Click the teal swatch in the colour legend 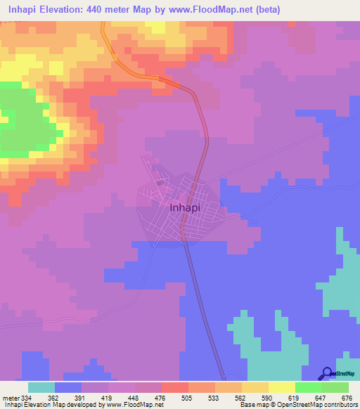pos(41,387)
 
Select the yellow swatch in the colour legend pos(281,387)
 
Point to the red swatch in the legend pos(174,387)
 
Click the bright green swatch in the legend pos(308,387)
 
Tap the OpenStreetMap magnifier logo pos(328,374)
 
